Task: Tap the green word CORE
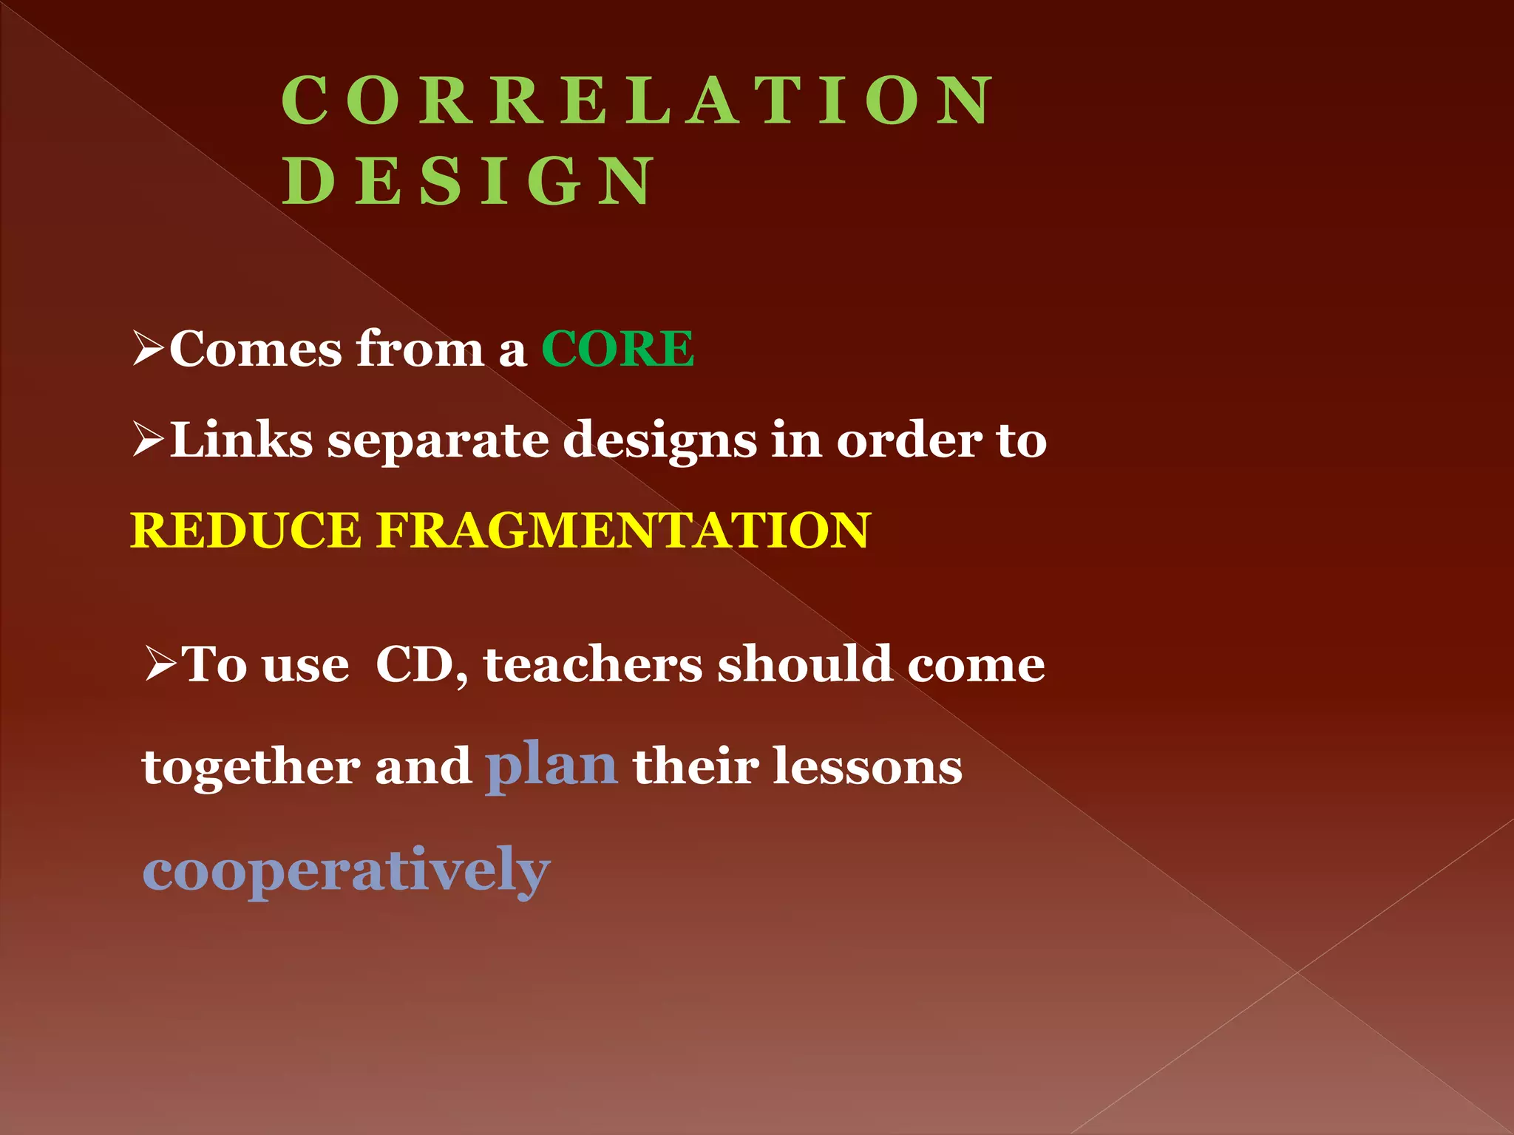(x=617, y=349)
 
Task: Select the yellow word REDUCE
(x=245, y=531)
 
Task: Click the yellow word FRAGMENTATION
(x=623, y=531)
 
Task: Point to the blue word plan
(x=551, y=766)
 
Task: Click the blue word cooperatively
(x=346, y=870)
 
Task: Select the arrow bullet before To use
(x=160, y=664)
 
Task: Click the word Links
(x=242, y=440)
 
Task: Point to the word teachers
(x=592, y=664)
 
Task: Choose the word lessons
(x=867, y=766)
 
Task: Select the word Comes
(x=255, y=349)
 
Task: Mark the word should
(x=804, y=664)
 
